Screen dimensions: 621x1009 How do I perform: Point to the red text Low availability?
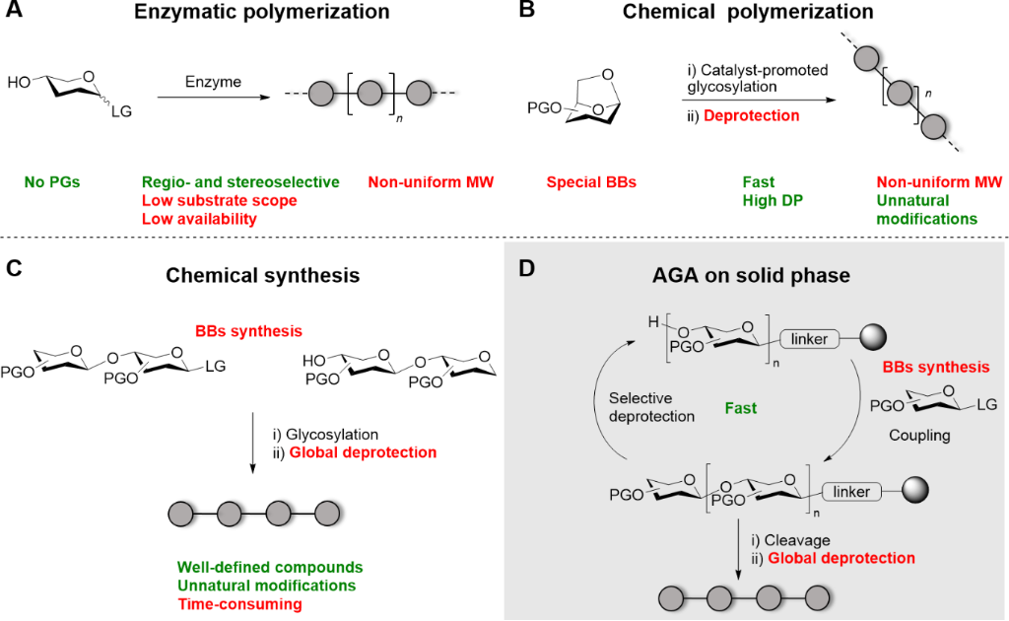point(198,219)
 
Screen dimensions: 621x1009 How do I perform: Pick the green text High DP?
point(758,200)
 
